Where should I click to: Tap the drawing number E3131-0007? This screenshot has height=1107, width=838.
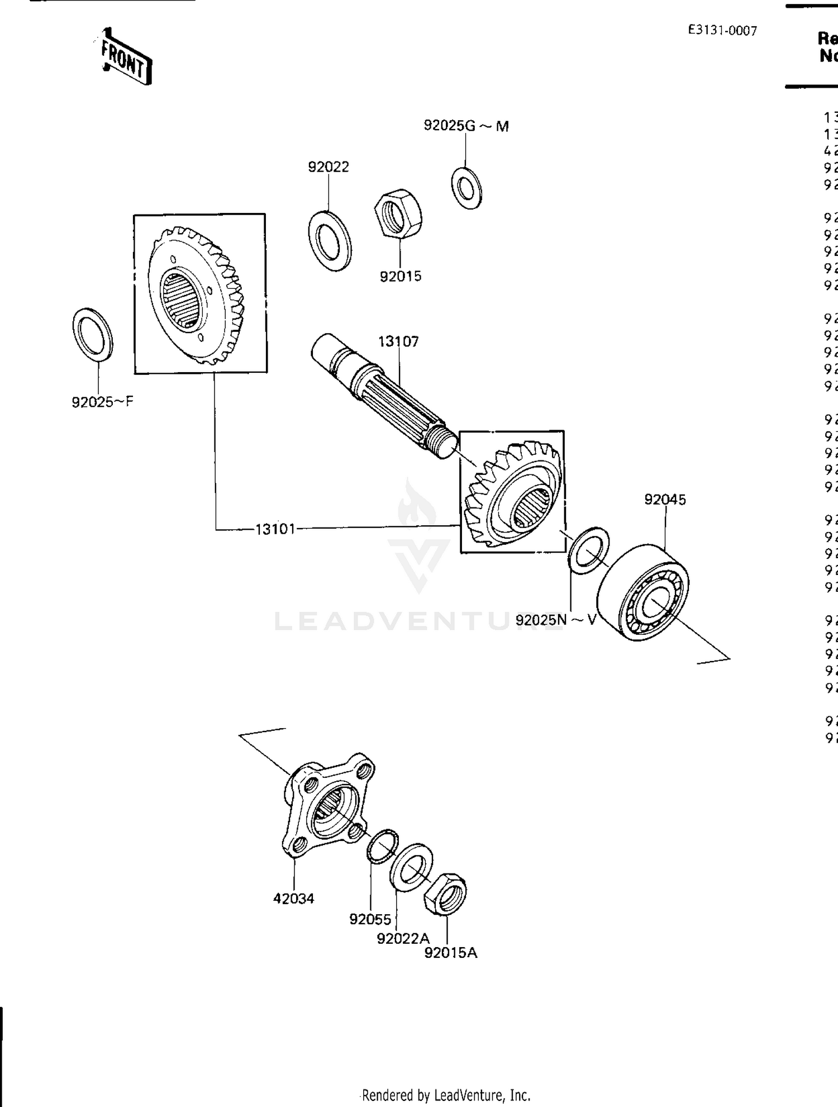point(722,30)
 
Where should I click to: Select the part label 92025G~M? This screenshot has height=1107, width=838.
point(466,126)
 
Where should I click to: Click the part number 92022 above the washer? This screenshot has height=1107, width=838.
point(328,167)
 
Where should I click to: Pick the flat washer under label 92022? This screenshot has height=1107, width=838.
point(330,241)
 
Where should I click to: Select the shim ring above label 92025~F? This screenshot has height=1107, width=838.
point(93,334)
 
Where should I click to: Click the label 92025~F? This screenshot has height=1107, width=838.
point(102,402)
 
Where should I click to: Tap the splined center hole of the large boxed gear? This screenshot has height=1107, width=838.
point(179,300)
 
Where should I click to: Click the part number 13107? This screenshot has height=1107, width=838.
point(398,341)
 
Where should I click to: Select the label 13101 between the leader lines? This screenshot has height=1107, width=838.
point(275,529)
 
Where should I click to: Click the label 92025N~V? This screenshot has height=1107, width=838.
point(555,620)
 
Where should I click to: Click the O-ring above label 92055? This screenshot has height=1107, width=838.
point(383,846)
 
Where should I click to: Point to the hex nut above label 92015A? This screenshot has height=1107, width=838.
point(445,894)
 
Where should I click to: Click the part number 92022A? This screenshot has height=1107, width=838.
point(403,938)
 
